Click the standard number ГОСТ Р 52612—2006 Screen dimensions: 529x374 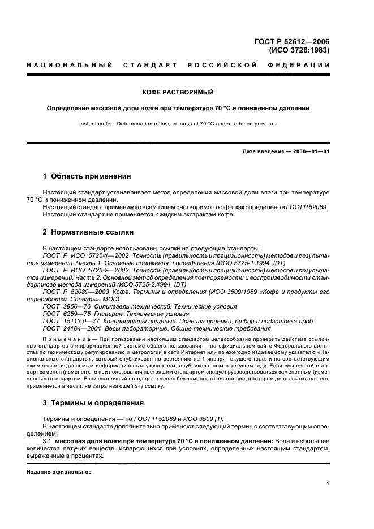(x=293, y=41)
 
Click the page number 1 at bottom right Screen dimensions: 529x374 (x=328, y=483)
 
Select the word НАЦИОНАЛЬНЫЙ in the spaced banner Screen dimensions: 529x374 (x=70, y=66)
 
